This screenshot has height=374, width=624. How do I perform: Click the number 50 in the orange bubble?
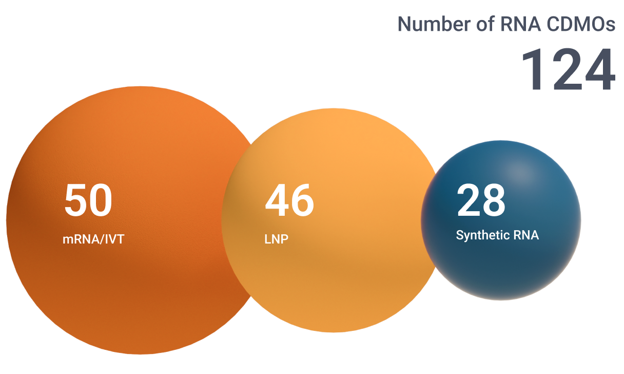[88, 200]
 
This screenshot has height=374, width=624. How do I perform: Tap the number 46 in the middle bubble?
[289, 200]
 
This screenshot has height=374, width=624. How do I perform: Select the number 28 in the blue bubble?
[481, 200]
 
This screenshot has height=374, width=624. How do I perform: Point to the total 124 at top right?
[568, 69]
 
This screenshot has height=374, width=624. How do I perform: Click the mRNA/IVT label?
[93, 239]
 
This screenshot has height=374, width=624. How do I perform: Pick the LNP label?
[276, 239]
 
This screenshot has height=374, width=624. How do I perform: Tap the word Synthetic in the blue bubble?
[483, 236]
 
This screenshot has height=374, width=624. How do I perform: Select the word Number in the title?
[434, 24]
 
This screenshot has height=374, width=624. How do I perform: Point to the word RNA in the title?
[520, 24]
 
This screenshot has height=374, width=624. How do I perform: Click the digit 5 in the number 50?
[76, 200]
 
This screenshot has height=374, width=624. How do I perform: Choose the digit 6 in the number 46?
[302, 200]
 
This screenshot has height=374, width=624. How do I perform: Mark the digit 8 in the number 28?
[494, 200]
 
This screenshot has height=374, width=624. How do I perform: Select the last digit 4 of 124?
[600, 69]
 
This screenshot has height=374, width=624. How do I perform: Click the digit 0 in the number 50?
[101, 200]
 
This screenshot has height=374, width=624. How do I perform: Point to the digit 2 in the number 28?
[469, 200]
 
